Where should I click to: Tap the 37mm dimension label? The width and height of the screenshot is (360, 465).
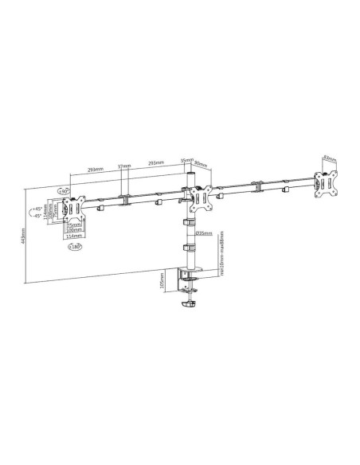pos(123,166)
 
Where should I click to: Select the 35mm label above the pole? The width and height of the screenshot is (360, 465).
pos(186,159)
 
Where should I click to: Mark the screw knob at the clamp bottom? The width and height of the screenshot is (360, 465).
pos(189,304)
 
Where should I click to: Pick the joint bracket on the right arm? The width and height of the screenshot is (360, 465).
pos(257,188)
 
